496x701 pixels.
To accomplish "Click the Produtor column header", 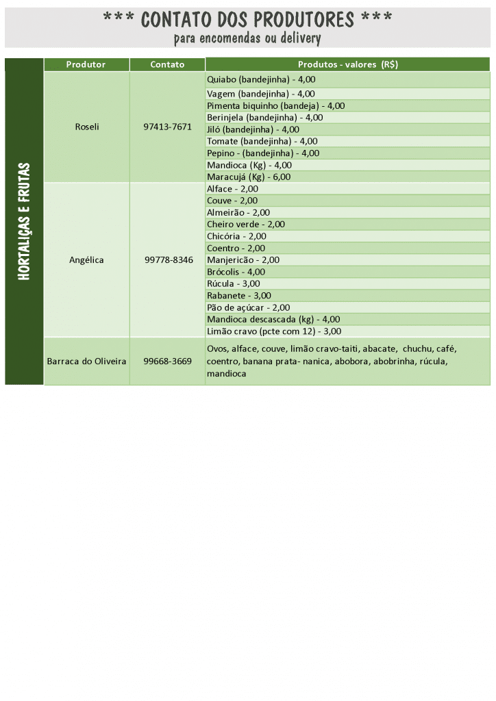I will (86, 64).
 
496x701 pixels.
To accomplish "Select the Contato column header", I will (167, 64).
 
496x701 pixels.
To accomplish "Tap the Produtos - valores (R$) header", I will (347, 64).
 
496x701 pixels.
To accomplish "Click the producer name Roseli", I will (87, 127).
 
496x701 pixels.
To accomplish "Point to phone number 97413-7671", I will (167, 127).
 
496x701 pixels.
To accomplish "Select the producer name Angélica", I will (86, 260).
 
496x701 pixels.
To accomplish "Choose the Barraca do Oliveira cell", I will (86, 361).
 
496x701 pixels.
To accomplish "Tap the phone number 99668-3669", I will (167, 361).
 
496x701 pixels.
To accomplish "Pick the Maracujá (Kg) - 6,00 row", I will (249, 176).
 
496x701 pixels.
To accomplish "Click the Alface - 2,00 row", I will (232, 188).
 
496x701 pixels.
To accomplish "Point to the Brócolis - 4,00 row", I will (236, 272).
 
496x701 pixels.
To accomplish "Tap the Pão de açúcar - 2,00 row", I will (248, 307).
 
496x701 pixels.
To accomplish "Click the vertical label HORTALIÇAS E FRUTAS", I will (24, 221).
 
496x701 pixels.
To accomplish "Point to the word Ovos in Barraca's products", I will (217, 348).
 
